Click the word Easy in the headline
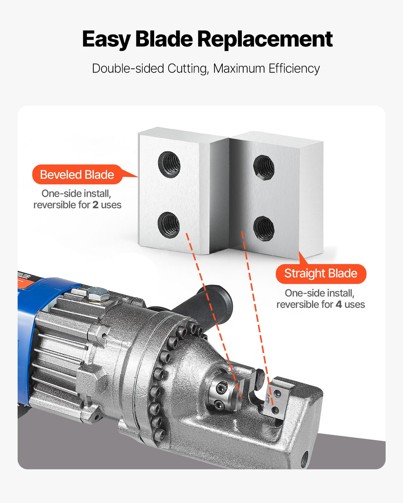click(x=106, y=40)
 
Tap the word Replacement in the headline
click(x=265, y=39)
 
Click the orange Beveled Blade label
click(x=77, y=174)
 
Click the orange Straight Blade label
click(x=321, y=274)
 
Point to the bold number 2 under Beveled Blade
click(x=95, y=205)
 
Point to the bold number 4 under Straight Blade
click(x=339, y=304)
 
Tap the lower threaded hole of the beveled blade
click(x=169, y=225)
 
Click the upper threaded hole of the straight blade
click(x=264, y=167)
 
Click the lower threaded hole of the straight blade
click(x=264, y=228)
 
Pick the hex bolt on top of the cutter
click(x=98, y=294)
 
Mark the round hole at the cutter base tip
click(x=305, y=459)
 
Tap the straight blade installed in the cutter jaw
click(x=276, y=402)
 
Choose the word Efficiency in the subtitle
click(x=294, y=68)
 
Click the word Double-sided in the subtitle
click(x=128, y=68)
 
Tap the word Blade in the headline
click(x=164, y=39)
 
